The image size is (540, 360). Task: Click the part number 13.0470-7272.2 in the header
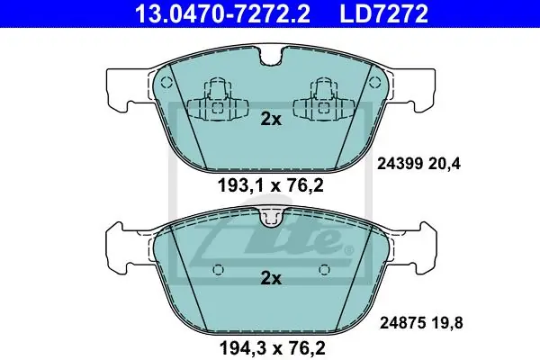coord(223,13)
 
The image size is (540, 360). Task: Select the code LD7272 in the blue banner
coord(384,13)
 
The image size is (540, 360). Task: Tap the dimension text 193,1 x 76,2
coord(271,186)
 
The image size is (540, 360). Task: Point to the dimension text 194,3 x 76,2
coord(272,348)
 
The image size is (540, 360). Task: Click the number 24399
coord(400,164)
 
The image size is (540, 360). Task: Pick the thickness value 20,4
coord(445,164)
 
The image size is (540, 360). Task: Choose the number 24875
coord(402,323)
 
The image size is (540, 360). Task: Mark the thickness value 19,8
coord(447,323)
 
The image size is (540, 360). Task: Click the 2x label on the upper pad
coord(271,119)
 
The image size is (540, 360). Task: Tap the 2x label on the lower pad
coord(271,278)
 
